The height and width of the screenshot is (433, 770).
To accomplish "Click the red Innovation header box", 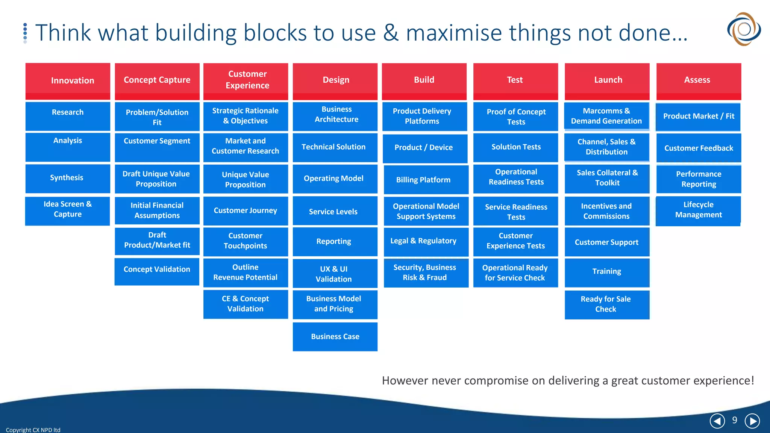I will (68, 81).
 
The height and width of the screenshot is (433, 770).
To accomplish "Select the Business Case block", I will (335, 337).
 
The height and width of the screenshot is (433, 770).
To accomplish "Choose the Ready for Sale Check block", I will (606, 304).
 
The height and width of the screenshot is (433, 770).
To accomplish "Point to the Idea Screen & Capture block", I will (68, 210).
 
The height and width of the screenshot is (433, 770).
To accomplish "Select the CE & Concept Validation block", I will (246, 304).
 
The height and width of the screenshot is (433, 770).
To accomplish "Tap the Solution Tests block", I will (515, 147).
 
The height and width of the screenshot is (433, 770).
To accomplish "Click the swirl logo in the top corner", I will (744, 29).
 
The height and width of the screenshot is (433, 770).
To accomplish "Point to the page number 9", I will (734, 420).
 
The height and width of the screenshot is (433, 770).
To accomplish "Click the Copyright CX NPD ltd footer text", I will (33, 430).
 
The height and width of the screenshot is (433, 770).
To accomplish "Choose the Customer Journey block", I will (246, 210).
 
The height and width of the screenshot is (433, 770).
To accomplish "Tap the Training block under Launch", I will (606, 272).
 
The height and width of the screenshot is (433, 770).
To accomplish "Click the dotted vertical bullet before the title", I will (25, 33).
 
